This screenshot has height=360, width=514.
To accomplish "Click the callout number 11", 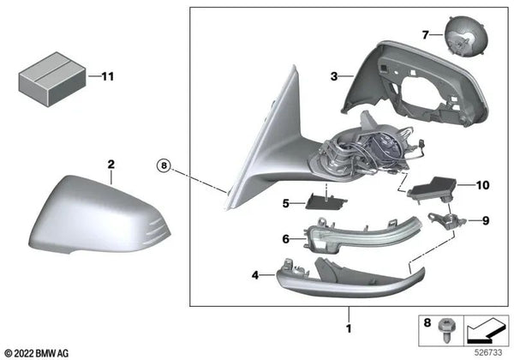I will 106,76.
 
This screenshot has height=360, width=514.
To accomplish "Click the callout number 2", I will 110,162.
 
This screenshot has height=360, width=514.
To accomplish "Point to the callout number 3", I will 334,76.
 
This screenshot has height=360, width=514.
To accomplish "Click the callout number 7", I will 424,34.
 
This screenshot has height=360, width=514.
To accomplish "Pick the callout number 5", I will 287,204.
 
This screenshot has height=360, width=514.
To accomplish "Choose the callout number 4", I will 255,275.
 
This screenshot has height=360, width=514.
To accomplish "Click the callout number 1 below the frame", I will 349,328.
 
